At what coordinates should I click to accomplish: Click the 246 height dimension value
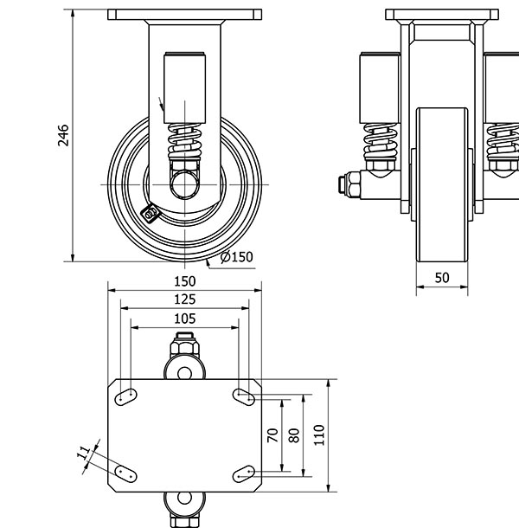tap(63, 136)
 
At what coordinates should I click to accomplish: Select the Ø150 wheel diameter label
tap(237, 257)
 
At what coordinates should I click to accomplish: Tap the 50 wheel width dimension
tap(442, 278)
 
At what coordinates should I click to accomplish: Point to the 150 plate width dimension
tap(184, 281)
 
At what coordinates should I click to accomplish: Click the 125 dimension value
tap(184, 299)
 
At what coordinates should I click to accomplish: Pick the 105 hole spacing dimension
tap(184, 319)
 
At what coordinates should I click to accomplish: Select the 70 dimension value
tap(272, 436)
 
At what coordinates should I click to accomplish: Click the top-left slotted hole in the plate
tap(125, 396)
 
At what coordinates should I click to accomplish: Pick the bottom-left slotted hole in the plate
tap(125, 474)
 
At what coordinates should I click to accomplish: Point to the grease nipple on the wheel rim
tap(152, 211)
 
